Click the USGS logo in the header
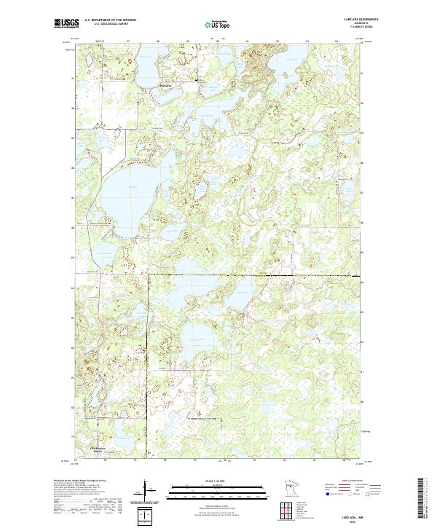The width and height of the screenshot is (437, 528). [x=66, y=23]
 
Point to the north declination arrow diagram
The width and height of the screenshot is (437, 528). [x=145, y=490]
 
